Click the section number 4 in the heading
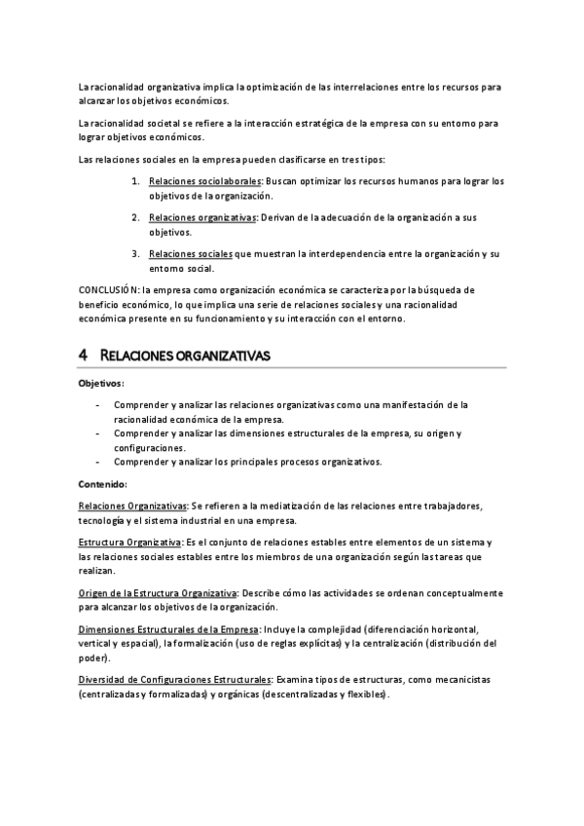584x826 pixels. click(83, 356)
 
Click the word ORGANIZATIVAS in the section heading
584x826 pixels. click(222, 357)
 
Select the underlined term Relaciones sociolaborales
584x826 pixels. click(205, 181)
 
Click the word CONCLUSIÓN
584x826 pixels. click(108, 290)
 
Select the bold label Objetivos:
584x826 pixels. click(101, 384)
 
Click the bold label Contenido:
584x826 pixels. click(102, 484)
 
